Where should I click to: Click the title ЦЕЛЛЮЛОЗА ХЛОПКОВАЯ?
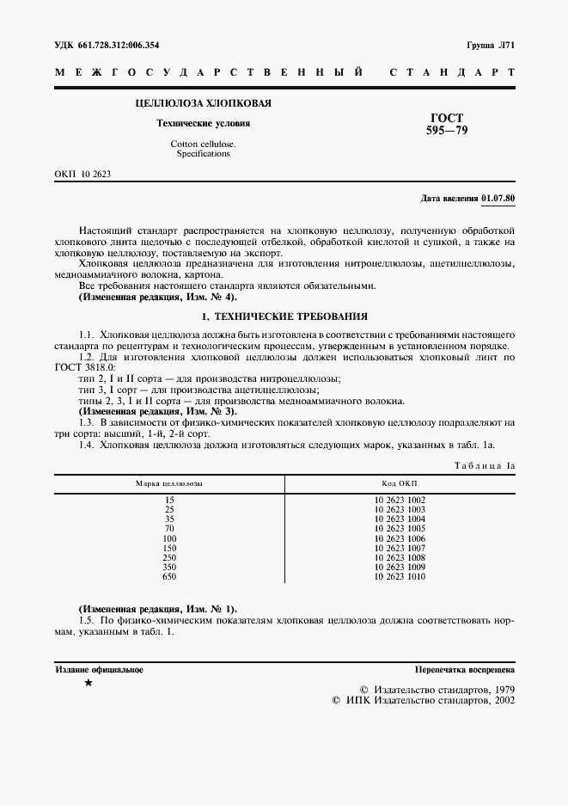click(204, 104)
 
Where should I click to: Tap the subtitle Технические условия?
click(203, 124)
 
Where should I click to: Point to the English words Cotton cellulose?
click(203, 144)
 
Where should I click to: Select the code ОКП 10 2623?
click(82, 174)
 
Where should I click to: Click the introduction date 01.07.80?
click(498, 199)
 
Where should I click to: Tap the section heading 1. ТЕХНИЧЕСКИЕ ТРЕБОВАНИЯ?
click(284, 316)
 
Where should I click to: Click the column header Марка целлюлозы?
click(169, 483)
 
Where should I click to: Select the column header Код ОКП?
click(399, 483)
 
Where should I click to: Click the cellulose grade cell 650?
click(169, 575)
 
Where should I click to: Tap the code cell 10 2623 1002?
click(399, 500)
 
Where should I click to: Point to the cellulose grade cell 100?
click(169, 538)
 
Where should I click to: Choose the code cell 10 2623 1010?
click(399, 575)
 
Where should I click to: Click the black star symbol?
click(88, 683)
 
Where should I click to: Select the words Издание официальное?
click(99, 668)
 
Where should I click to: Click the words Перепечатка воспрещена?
click(464, 668)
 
